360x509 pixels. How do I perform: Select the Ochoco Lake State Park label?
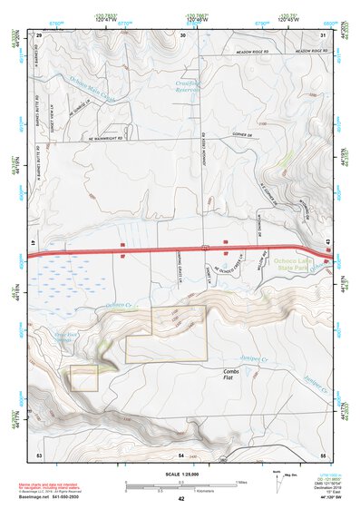pyautogui.click(x=315, y=265)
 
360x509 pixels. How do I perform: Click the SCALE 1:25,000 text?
pyautogui.click(x=181, y=475)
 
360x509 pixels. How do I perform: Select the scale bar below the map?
pyautogui.click(x=181, y=485)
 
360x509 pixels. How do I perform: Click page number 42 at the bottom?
pyautogui.click(x=181, y=499)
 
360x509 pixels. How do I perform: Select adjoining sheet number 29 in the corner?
pyautogui.click(x=39, y=34)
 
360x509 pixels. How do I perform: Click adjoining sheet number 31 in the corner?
pyautogui.click(x=323, y=34)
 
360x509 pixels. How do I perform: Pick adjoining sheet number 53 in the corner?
pyautogui.click(x=39, y=454)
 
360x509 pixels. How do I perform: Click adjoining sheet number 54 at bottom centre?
pyautogui.click(x=181, y=454)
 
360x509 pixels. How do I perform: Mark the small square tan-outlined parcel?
pyautogui.click(x=83, y=378)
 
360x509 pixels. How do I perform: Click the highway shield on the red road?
pyautogui.click(x=206, y=246)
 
